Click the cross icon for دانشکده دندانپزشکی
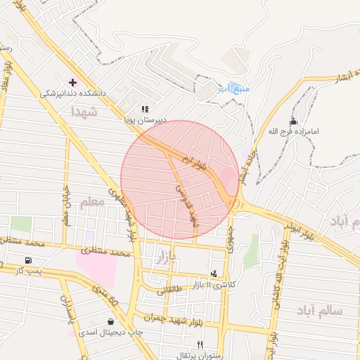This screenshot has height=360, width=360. pyautogui.click(x=72, y=82)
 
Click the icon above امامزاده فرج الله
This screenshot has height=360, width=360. pyautogui.click(x=293, y=121)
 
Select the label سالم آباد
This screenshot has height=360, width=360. pyautogui.click(x=319, y=310)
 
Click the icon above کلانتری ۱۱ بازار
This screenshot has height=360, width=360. pyautogui.click(x=214, y=273)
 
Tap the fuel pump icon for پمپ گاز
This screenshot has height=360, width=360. pyautogui.click(x=27, y=260)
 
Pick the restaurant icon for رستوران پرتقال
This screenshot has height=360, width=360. pyautogui.click(x=200, y=345)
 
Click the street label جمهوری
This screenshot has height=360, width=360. pyautogui.click(x=229, y=240)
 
